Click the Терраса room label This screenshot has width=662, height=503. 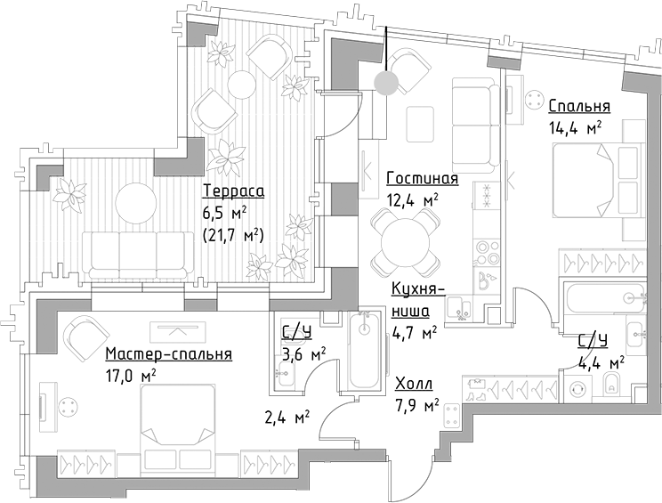[x=233, y=191]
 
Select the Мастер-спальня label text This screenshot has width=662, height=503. [x=168, y=353]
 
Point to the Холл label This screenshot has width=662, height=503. [x=414, y=385]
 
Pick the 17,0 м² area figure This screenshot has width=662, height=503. [x=130, y=375]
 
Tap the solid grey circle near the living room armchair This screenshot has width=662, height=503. [x=385, y=84]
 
